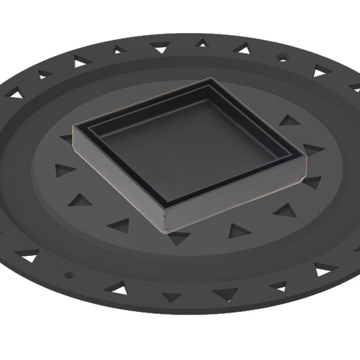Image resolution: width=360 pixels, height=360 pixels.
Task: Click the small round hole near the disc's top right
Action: pyautogui.click(x=282, y=59)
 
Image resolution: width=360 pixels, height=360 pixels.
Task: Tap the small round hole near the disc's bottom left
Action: pyautogui.click(x=68, y=275)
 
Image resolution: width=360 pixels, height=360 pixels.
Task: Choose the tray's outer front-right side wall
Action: pyautogui.click(x=236, y=197)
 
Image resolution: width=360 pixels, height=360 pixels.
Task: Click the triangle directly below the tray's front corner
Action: pyautogui.click(x=179, y=237)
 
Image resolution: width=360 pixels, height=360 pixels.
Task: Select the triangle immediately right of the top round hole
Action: pyautogui.click(x=319, y=70)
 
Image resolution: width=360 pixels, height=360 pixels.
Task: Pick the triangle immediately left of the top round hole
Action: pyautogui.click(x=242, y=48)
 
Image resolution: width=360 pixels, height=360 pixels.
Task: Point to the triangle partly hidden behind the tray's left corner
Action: pyautogui.click(x=67, y=138)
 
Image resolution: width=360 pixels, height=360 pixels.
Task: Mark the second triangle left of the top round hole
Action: pyautogui.click(x=201, y=43)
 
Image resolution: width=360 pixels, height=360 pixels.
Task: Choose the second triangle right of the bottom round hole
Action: pyautogui.click(x=170, y=297)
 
